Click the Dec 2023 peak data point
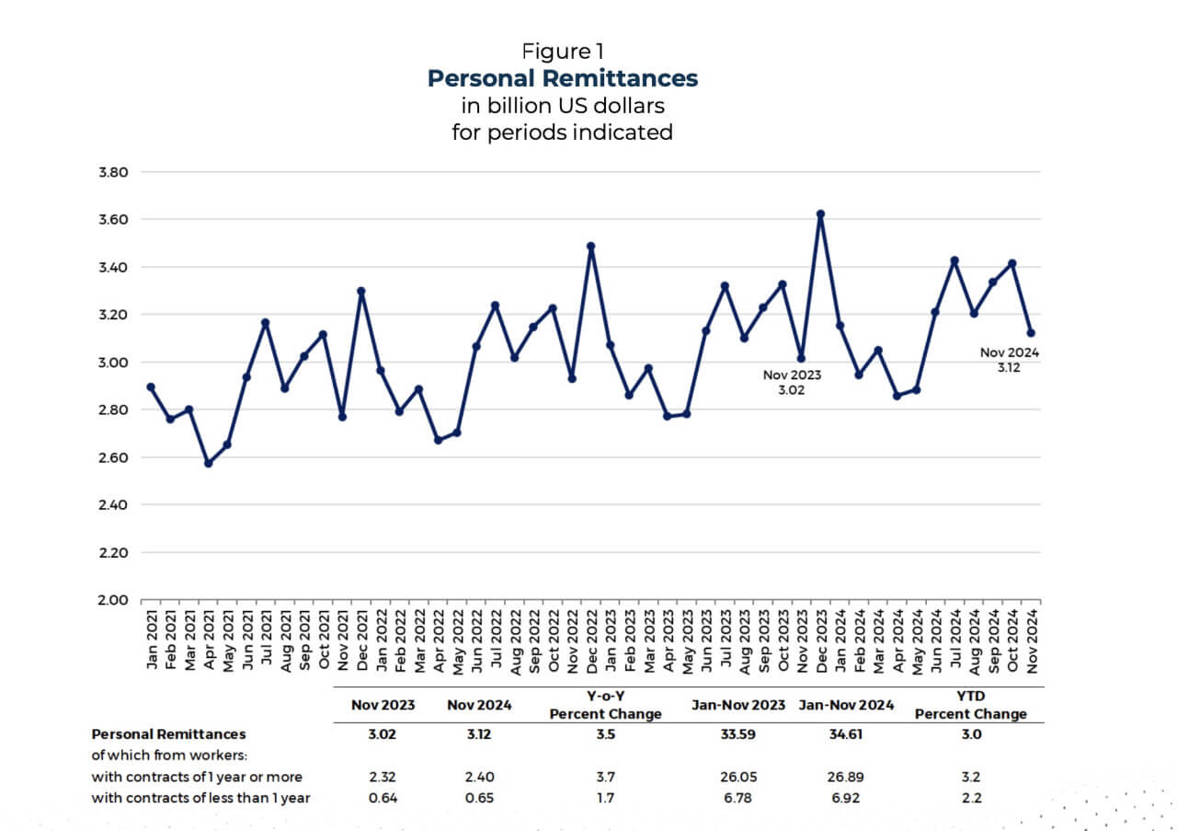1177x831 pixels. [820, 214]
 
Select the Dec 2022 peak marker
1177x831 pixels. [590, 247]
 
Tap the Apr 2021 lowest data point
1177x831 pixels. [208, 463]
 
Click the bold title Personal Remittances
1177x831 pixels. [562, 78]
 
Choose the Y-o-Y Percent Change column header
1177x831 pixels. [605, 706]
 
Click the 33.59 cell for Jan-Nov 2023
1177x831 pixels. [737, 734]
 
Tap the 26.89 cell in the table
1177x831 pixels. [845, 777]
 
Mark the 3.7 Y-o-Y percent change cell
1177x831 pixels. [605, 777]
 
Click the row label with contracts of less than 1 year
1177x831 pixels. [200, 798]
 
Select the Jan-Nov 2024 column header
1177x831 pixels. [846, 706]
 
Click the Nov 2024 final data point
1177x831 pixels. [1031, 333]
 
